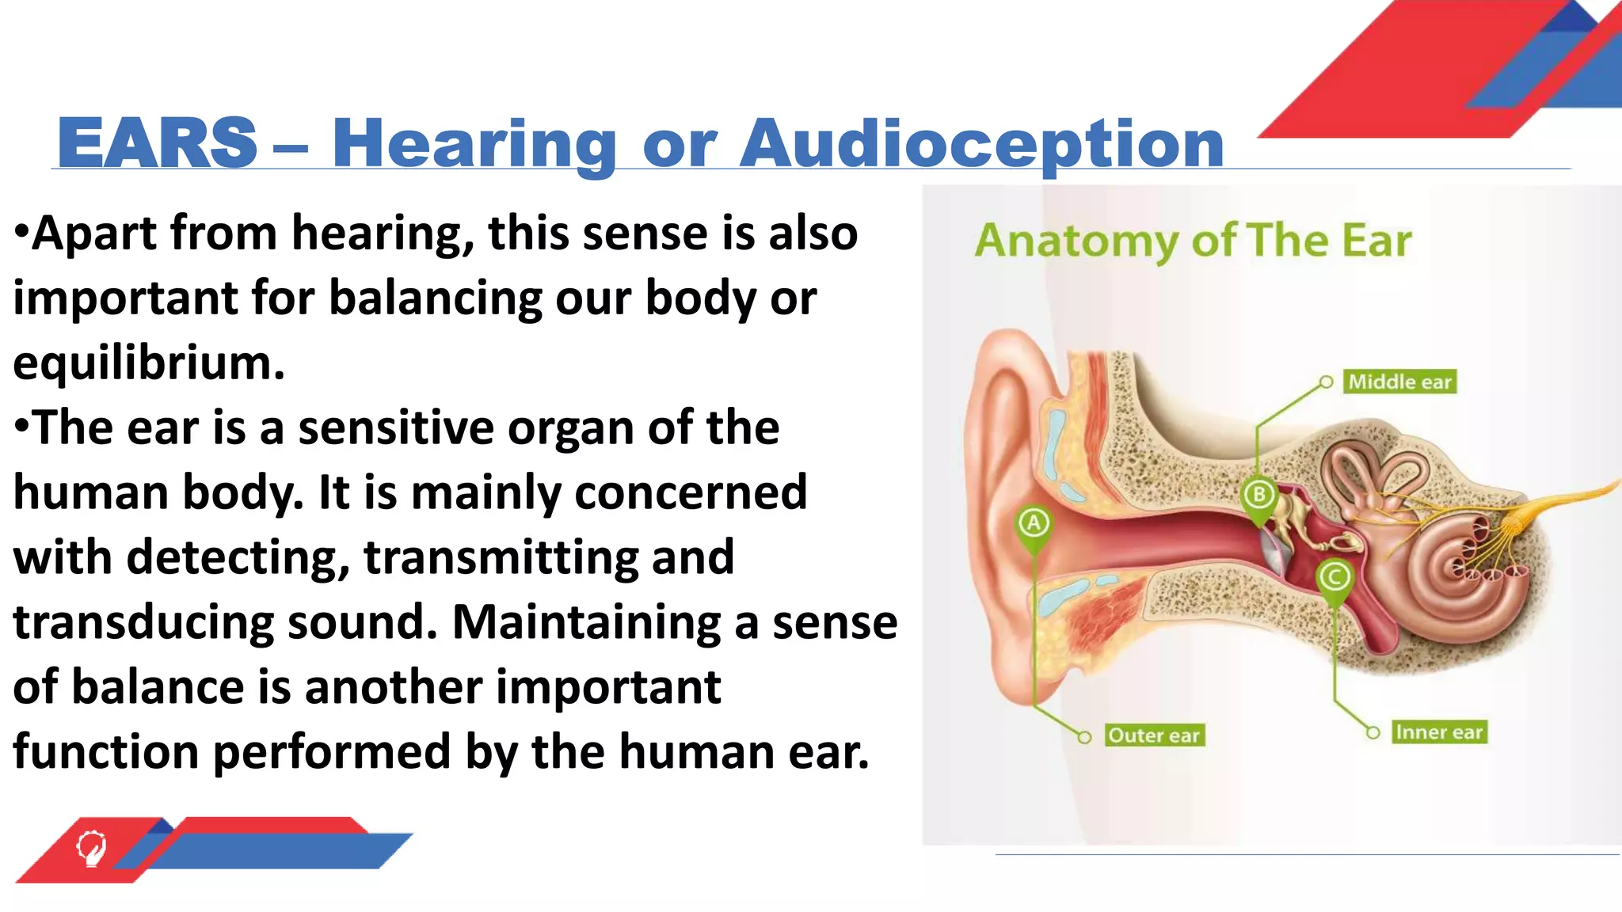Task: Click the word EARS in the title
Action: pos(157,143)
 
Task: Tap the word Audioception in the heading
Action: pos(981,143)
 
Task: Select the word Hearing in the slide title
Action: pos(474,143)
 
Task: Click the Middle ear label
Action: pos(1399,382)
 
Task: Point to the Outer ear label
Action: pos(1154,735)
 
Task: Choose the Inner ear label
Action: pos(1438,732)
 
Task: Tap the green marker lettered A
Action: pos(1034,524)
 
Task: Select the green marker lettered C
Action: pos(1335,577)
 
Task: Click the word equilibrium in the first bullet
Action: pos(148,363)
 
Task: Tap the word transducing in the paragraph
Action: pos(143,622)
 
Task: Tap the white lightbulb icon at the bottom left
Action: pos(90,847)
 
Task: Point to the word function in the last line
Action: pos(106,752)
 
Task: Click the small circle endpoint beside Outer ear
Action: pos(1084,737)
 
